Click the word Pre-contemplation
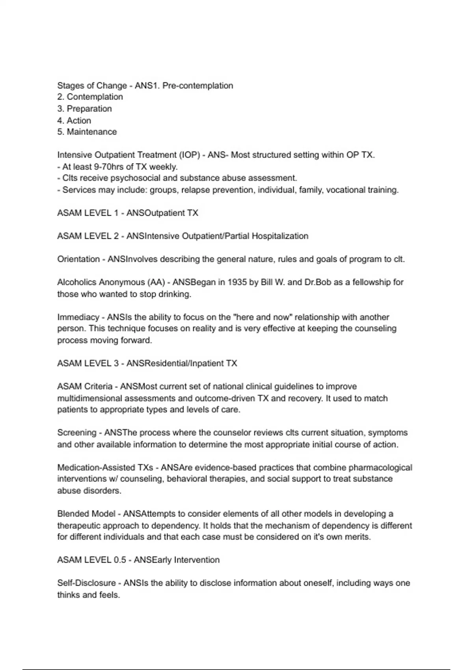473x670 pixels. pyautogui.click(x=197, y=86)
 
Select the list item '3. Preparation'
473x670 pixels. pyautogui.click(x=84, y=109)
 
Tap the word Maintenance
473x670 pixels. pyautogui.click(x=91, y=132)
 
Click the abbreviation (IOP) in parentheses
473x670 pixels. pyautogui.click(x=190, y=155)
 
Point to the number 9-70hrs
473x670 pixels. pyautogui.click(x=109, y=167)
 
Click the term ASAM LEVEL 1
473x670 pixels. pyautogui.click(x=88, y=213)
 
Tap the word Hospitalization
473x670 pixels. pyautogui.click(x=280, y=236)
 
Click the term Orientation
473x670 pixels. pyautogui.click(x=78, y=259)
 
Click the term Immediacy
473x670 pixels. pyautogui.click(x=78, y=317)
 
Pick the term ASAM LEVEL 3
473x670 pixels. pyautogui.click(x=88, y=363)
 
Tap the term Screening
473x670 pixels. pyautogui.click(x=76, y=433)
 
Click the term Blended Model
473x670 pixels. pyautogui.click(x=86, y=514)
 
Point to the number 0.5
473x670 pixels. pyautogui.click(x=120, y=560)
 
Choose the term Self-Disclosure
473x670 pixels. pyautogui.click(x=86, y=583)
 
